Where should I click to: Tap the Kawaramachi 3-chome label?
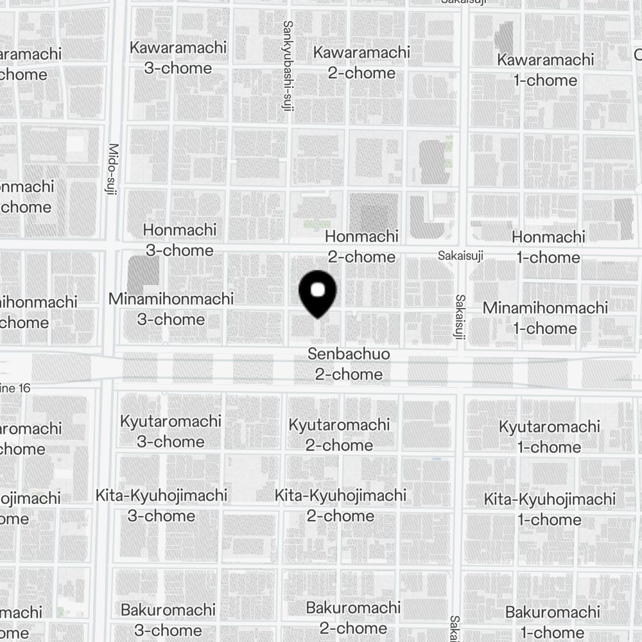tap(178, 58)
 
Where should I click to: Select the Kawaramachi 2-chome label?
tap(361, 62)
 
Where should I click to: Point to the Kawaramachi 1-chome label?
tap(546, 70)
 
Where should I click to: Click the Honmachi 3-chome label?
tap(180, 240)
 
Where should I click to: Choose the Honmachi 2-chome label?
tap(361, 247)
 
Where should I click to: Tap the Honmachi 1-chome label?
tap(548, 247)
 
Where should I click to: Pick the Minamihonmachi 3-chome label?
tap(171, 309)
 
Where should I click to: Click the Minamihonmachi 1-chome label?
tap(545, 318)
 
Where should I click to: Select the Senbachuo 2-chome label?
tap(349, 364)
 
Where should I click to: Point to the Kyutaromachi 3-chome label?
tap(171, 431)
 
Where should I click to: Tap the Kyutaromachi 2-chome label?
tap(339, 435)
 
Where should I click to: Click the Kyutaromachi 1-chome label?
tap(550, 437)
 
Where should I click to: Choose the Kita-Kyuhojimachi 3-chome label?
tap(161, 505)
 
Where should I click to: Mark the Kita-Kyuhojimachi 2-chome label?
tap(340, 505)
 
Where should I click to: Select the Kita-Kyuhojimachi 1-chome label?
tap(550, 509)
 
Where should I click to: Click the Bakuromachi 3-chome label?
tap(168, 620)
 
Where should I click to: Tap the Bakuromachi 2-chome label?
tap(353, 618)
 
